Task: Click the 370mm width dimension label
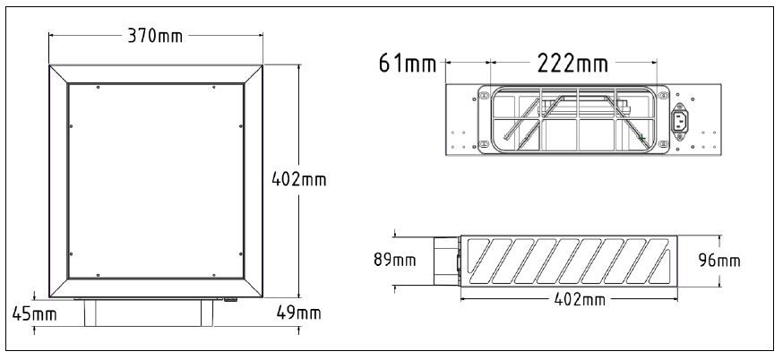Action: pos(155,36)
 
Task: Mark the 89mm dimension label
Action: pos(395,261)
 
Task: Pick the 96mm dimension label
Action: pos(720,261)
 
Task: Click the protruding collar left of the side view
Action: pos(446,261)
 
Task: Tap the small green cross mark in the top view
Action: pos(641,137)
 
